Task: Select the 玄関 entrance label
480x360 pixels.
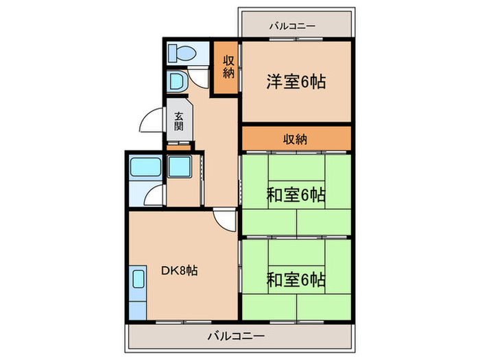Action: coord(178,121)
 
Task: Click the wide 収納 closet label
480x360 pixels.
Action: coord(296,139)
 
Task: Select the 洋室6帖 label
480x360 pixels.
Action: coord(296,82)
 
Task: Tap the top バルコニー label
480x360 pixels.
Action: coord(292,26)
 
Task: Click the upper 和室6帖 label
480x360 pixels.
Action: coord(296,195)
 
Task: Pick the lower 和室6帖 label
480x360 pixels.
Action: coord(296,280)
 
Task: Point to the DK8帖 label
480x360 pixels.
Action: coord(179,271)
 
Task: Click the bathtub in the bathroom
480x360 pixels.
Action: coord(145,168)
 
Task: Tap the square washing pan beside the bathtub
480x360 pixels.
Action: coord(180,168)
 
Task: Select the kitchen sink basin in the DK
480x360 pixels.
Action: coord(138,280)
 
